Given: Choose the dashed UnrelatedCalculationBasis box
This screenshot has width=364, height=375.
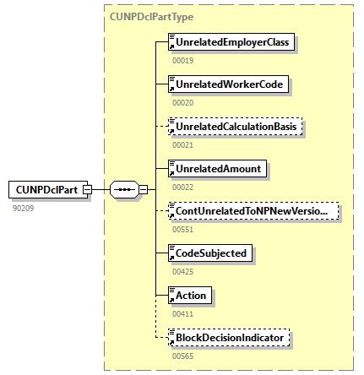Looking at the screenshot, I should click(236, 127).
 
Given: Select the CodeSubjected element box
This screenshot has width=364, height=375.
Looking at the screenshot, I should click(211, 253).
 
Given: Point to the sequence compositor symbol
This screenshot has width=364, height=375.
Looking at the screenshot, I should click(124, 190).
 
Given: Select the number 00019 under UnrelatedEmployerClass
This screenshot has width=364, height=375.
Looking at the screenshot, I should click(182, 60).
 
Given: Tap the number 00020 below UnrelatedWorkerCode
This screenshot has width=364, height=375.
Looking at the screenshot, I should click(182, 102).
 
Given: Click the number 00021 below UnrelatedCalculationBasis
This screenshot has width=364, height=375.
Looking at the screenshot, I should click(182, 144).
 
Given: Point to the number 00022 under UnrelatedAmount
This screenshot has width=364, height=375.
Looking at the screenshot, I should click(182, 187).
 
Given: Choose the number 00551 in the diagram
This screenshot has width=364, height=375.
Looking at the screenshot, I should click(182, 229).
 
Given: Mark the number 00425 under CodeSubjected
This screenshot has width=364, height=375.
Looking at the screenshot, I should click(182, 271).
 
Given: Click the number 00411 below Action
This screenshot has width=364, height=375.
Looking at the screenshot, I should click(182, 313).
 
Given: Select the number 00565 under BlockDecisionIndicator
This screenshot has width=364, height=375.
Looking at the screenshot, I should click(182, 356).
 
